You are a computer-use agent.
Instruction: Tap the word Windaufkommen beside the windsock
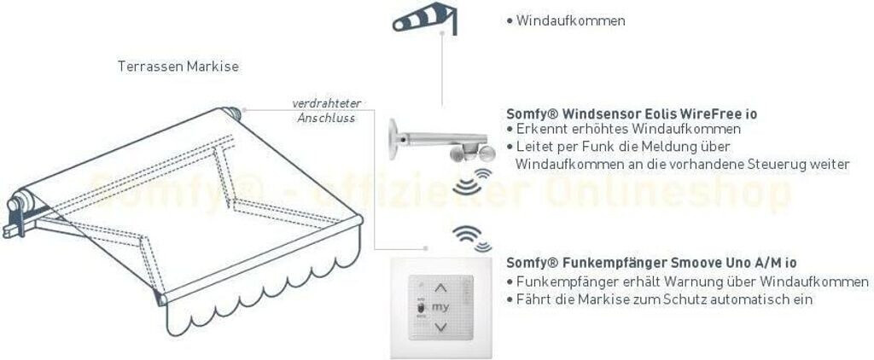[570, 20]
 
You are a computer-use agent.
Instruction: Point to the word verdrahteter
[326, 103]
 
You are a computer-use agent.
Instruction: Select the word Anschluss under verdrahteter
[326, 118]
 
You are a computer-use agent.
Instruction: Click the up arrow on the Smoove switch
[440, 288]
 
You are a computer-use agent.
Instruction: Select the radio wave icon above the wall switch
[472, 236]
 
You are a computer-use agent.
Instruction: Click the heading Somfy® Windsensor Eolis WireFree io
[632, 113]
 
